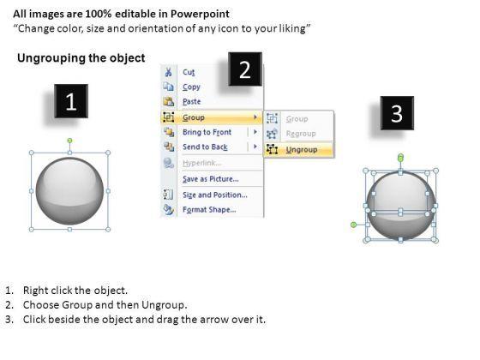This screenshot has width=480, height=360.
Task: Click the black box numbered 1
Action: pos(71,101)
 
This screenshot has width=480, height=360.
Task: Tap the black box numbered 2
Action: pos(245,69)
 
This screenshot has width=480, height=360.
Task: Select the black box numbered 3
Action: pos(397,113)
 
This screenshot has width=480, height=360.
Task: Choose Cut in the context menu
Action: pos(189,72)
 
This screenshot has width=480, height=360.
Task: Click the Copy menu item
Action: pos(191,87)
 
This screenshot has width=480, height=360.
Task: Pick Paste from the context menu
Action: pos(192,101)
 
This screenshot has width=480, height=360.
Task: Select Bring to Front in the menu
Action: pos(207,132)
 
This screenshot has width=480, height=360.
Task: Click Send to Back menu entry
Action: pos(205,147)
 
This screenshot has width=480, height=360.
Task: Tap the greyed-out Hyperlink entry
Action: pos(202,163)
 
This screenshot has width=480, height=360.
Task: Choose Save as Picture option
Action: pos(211,179)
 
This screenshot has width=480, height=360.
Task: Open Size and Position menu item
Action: pos(215,195)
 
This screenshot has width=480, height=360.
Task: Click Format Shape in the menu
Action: pos(209,210)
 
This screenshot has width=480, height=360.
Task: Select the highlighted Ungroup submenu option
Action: pos(302,150)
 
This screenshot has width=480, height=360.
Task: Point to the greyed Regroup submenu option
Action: pos(301,134)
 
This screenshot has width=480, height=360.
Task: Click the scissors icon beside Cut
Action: pos(168,72)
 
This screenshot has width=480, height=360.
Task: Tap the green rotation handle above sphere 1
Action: pos(69,141)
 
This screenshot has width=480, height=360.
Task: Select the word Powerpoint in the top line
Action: pos(200,14)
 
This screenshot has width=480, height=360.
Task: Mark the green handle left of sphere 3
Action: pos(353,225)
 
